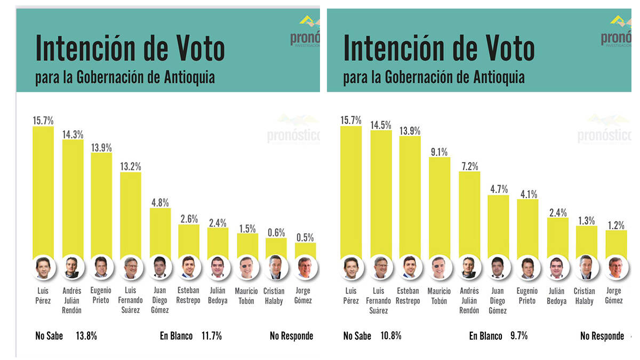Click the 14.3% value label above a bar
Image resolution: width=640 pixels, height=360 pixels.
click(x=73, y=134)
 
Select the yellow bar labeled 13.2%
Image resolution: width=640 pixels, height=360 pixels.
click(x=130, y=213)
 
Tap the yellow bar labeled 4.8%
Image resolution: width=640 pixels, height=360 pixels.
click(x=160, y=232)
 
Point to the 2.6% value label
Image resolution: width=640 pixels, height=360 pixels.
click(x=189, y=219)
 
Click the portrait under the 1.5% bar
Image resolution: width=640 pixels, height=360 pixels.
click(x=247, y=268)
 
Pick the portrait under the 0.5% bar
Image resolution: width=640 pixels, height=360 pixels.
click(x=305, y=268)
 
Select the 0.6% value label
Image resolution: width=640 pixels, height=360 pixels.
click(x=276, y=233)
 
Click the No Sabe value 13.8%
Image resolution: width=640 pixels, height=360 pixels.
click(x=86, y=336)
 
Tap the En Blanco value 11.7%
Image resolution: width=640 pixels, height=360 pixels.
click(x=212, y=336)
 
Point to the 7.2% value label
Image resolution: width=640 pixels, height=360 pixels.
click(x=469, y=166)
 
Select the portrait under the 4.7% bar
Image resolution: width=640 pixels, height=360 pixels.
click(x=498, y=268)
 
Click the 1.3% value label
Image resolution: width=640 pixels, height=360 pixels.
click(x=586, y=220)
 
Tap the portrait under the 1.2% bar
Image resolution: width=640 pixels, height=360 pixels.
click(x=615, y=268)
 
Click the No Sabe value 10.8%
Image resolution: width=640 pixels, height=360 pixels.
click(x=391, y=336)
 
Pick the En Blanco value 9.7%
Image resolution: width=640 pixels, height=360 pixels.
click(x=518, y=336)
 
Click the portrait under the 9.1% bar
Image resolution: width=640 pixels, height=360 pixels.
click(x=439, y=268)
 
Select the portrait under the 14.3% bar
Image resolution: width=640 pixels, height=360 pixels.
click(x=72, y=268)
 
